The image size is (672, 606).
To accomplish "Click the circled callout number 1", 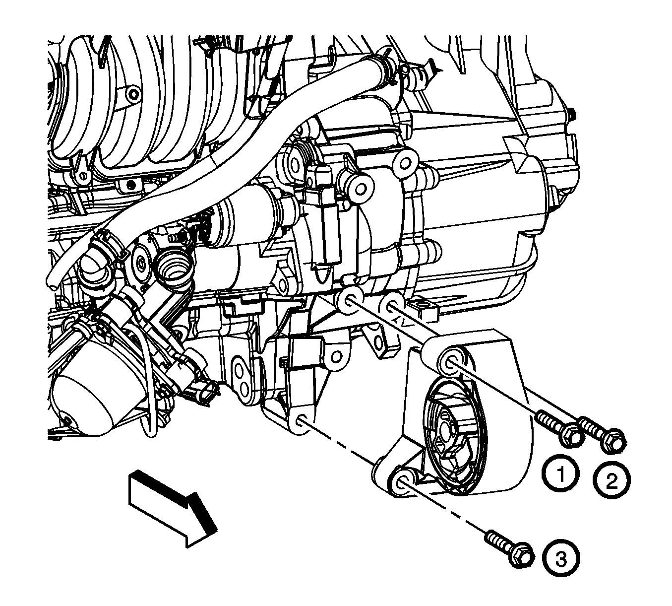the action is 560,475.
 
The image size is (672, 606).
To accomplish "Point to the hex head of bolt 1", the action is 571,436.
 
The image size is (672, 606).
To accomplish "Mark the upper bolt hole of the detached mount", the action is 452,362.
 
